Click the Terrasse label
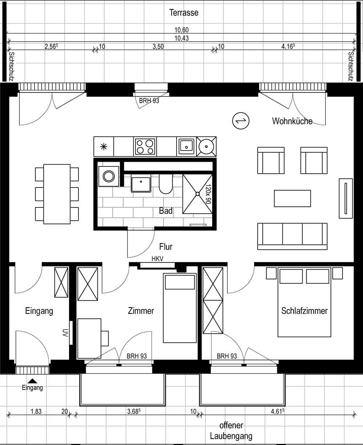pyautogui.click(x=183, y=13)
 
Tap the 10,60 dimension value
pyautogui.click(x=182, y=30)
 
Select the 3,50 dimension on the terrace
pyautogui.click(x=158, y=46)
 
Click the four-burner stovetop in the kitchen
pyautogui.click(x=145, y=147)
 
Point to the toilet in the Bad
pyautogui.click(x=166, y=184)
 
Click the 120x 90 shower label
pyautogui.click(x=208, y=194)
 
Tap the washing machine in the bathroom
pyautogui.click(x=109, y=176)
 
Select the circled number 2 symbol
pyautogui.click(x=241, y=121)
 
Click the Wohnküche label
pyautogui.click(x=292, y=121)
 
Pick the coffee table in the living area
pyautogui.click(x=292, y=198)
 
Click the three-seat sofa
pyautogui.click(x=292, y=236)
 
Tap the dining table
pyautogui.click(x=57, y=194)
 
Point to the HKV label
pyautogui.click(x=157, y=259)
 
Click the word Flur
pyautogui.click(x=166, y=247)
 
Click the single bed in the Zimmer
pyautogui.click(x=180, y=308)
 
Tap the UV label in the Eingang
pyautogui.click(x=65, y=333)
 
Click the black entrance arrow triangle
pyautogui.click(x=32, y=381)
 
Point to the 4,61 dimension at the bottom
pyautogui.click(x=278, y=411)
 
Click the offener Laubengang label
pyautogui.click(x=231, y=430)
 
